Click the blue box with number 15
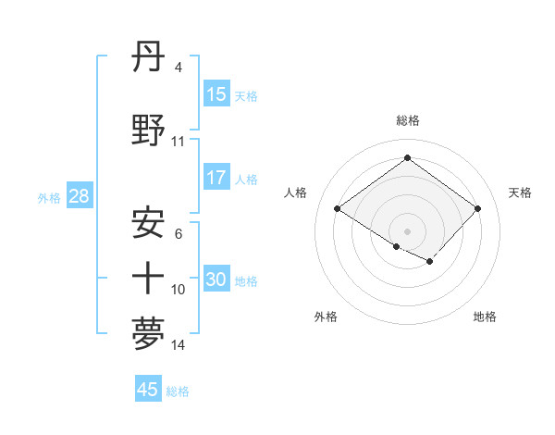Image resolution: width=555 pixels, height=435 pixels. [216, 94]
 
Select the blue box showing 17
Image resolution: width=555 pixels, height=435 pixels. [216, 178]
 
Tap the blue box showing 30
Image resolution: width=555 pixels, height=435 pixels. [216, 280]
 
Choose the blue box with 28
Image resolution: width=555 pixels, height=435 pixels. [79, 196]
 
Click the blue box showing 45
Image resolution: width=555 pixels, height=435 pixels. [148, 390]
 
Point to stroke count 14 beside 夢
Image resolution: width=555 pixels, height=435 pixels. [179, 346]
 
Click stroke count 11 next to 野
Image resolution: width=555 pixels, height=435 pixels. [179, 142]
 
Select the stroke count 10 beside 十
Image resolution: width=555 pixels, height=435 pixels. [179, 290]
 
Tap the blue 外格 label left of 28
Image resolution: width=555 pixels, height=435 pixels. [48, 197]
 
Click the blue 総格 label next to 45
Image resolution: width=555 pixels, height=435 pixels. [178, 391]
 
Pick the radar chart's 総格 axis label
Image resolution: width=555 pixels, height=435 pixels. [407, 120]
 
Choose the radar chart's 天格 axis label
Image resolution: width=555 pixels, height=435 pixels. [520, 193]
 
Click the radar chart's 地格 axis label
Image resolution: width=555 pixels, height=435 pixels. [485, 317]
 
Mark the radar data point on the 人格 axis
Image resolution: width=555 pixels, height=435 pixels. [338, 209]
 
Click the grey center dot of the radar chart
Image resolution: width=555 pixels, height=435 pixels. [407, 230]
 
